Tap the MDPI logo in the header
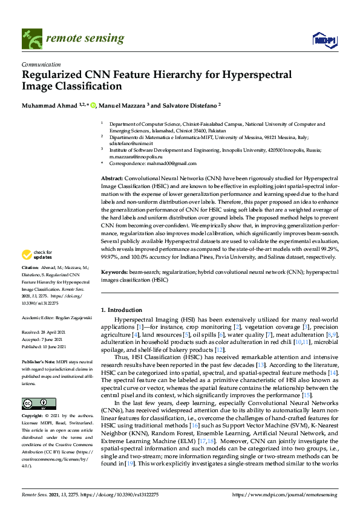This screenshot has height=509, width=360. point(324,40)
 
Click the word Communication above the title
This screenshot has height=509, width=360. point(41,64)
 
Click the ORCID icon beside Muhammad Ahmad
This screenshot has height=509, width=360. point(93,105)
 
